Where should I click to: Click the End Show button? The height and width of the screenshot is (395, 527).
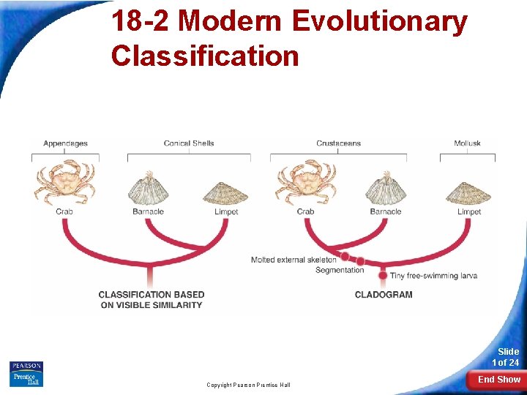(x=498, y=380)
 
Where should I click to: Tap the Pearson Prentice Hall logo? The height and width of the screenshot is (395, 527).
(x=26, y=374)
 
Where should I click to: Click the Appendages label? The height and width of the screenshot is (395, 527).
(x=65, y=143)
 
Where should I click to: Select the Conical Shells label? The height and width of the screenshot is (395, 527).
(x=189, y=143)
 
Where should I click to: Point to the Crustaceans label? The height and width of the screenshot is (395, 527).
(x=338, y=143)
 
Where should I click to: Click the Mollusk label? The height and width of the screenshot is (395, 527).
(x=467, y=143)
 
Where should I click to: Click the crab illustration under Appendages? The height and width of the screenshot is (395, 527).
(x=65, y=183)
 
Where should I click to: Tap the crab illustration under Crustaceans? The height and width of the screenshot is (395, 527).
(x=306, y=183)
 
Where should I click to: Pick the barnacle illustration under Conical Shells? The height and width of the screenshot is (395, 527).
(x=149, y=189)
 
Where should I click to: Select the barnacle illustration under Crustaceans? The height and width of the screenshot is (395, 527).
(x=386, y=189)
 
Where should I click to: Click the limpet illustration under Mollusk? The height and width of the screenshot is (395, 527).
(x=469, y=192)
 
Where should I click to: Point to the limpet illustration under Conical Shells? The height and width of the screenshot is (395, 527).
(x=226, y=192)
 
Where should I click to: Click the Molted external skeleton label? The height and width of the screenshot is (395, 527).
(x=294, y=260)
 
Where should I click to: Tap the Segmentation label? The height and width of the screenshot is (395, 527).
(x=340, y=270)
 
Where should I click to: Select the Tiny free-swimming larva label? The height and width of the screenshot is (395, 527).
(x=433, y=276)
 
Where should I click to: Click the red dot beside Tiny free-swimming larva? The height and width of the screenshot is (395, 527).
(x=383, y=276)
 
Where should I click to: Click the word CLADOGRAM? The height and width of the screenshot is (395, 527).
(x=383, y=295)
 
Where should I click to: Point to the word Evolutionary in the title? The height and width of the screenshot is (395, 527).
(x=380, y=21)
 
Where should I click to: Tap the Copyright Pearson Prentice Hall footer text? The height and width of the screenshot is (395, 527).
(x=248, y=385)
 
